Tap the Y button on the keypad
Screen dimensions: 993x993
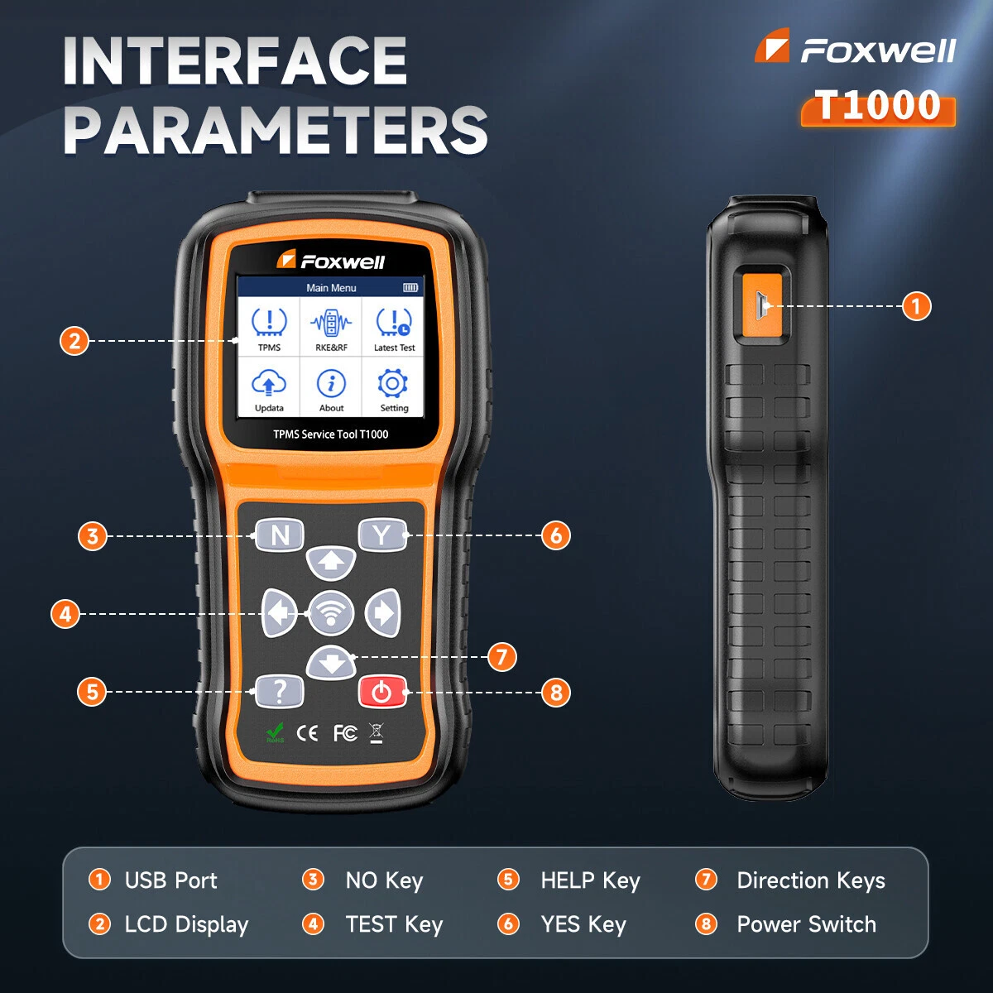(381, 535)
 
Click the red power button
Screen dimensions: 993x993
(381, 692)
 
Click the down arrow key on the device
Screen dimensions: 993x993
(331, 663)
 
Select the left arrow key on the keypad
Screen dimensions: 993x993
(280, 613)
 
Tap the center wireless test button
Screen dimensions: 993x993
(331, 613)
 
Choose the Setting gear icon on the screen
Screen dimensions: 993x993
(393, 383)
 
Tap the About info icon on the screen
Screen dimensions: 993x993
(331, 383)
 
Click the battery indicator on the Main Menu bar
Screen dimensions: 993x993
(410, 287)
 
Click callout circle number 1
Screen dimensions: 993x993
(916, 306)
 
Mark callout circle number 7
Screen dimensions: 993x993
(502, 657)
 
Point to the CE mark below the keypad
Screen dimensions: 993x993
(307, 733)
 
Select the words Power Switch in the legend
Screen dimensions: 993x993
(807, 924)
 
